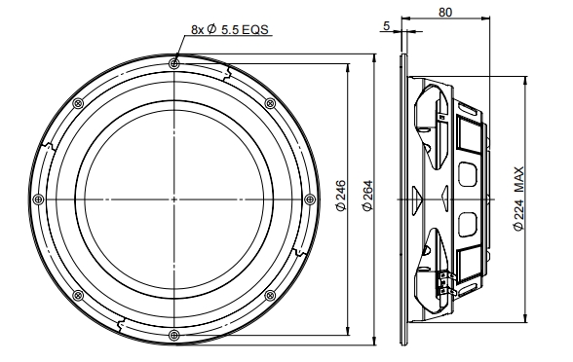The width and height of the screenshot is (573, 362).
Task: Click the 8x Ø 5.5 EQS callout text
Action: point(230,29)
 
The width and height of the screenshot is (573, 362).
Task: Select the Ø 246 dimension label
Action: point(341,196)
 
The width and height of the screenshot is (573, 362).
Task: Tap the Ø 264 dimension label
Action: point(367,196)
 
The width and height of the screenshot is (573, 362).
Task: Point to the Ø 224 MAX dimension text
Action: point(518,199)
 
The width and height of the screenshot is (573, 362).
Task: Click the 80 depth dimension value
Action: point(445,13)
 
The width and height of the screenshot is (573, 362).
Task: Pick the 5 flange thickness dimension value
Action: point(387,26)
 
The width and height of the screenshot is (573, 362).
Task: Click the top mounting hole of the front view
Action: point(174,64)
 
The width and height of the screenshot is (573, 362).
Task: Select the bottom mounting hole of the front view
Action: point(174,335)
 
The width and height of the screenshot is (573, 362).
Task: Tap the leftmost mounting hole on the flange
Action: point(38,199)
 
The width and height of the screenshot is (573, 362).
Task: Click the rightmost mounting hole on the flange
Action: point(310,199)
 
